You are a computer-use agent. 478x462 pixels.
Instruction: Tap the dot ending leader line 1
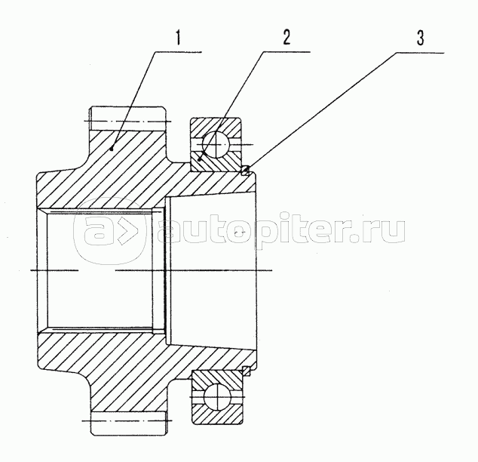[x=111, y=149]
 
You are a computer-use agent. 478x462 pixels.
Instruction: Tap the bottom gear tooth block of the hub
[x=127, y=423]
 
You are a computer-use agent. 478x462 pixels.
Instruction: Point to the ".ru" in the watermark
[x=381, y=232]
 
